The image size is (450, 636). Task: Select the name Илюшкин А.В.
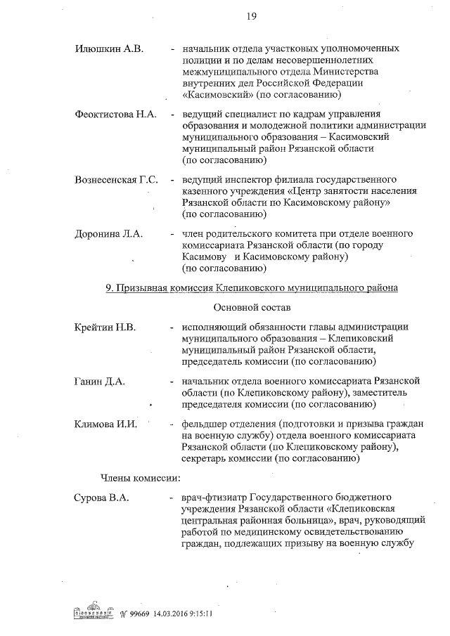click(109, 49)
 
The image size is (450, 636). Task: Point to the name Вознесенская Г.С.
click(116, 179)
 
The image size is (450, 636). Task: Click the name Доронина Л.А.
click(108, 234)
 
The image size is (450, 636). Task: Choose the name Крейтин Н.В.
click(105, 327)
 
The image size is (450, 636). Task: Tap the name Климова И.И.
click(105, 424)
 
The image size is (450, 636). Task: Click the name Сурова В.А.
click(103, 499)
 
